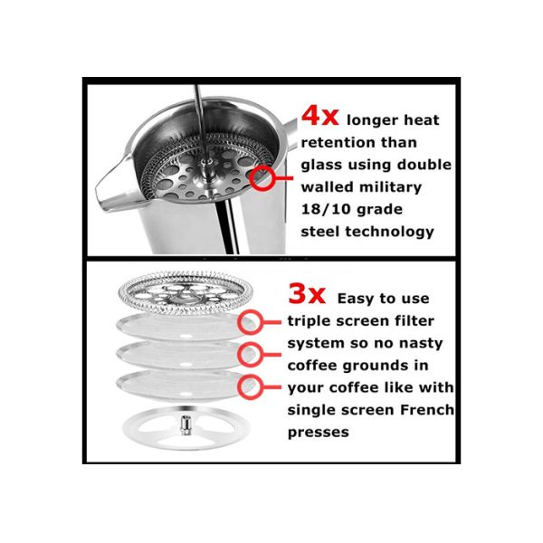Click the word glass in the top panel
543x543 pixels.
(322, 165)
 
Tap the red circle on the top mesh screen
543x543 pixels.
(249, 321)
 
